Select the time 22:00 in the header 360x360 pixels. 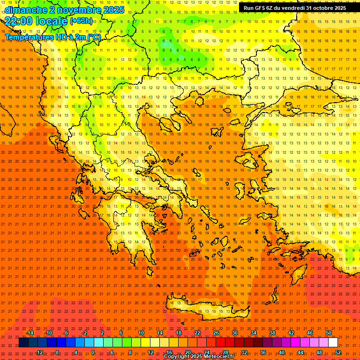(20, 21)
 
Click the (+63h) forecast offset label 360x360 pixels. (81, 21)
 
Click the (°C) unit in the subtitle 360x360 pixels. (94, 37)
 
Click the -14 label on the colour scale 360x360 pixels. (29, 333)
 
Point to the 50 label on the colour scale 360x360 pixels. (329, 333)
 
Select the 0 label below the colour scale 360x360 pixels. (92, 352)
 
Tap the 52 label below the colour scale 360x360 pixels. (338, 352)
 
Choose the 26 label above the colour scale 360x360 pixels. (216, 333)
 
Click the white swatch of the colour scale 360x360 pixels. (333, 343)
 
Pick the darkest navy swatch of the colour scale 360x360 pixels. (23, 343)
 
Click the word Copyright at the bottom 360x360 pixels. (177, 357)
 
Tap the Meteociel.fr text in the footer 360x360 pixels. (222, 357)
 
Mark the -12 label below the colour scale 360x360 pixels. (39, 352)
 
